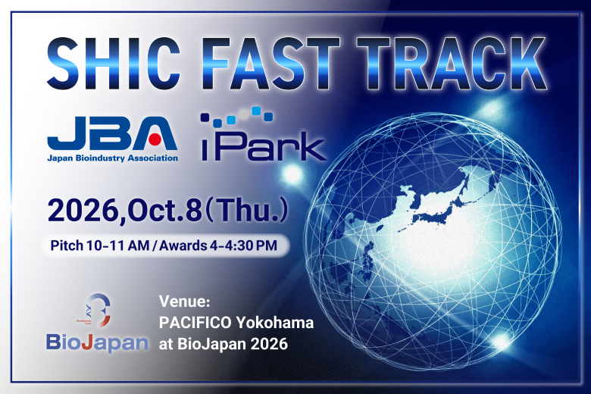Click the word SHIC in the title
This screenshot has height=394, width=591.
tap(114, 64)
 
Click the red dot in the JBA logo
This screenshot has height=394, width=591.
tap(155, 139)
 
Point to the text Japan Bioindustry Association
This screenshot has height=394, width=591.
tap(112, 158)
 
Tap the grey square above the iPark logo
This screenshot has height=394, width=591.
tap(244, 114)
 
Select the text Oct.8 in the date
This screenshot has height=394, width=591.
tap(164, 211)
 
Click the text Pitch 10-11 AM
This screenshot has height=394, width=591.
tap(100, 245)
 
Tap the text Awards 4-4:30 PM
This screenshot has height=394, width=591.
tap(218, 245)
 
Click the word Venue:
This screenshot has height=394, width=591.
tap(184, 302)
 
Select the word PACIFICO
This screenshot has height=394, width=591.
tap(195, 323)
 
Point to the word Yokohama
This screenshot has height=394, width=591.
tap(275, 323)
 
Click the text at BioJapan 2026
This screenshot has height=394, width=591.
tap(223, 344)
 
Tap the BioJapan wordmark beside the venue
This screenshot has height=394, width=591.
tap(97, 342)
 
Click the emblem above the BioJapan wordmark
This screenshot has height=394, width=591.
tap(97, 311)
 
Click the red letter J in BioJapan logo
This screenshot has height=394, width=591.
tap(86, 342)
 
